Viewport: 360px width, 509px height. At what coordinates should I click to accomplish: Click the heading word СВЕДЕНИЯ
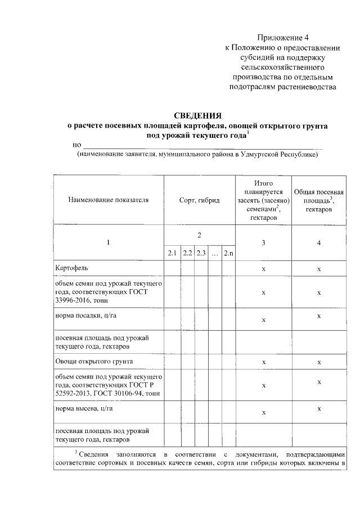[x=197, y=116]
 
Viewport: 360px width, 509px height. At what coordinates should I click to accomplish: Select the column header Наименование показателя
[x=109, y=200]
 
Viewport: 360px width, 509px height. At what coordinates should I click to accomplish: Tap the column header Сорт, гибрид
[x=199, y=200]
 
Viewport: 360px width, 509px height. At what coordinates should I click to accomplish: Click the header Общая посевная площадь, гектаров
[x=319, y=200]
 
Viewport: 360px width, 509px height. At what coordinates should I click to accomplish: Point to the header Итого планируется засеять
[x=263, y=200]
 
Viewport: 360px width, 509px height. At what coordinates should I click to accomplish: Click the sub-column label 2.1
[x=172, y=253]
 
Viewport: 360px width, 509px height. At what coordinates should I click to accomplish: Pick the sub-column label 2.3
[x=201, y=253]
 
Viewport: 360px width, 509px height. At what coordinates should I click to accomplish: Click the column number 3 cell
[x=263, y=242]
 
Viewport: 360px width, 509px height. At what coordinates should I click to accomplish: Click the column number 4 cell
[x=319, y=242]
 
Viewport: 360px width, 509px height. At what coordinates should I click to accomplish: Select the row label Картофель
[x=71, y=268]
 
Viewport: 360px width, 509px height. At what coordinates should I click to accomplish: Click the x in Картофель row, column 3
[x=263, y=269]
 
